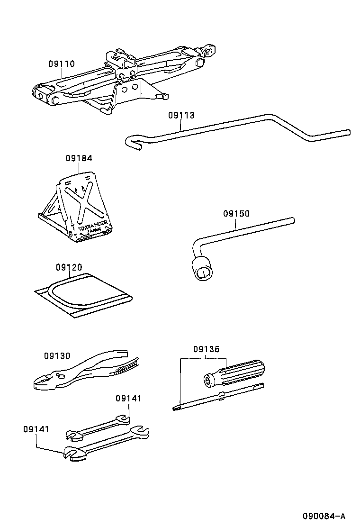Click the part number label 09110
click(x=61, y=64)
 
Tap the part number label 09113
click(x=181, y=115)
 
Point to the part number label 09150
click(x=236, y=214)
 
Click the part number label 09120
click(x=69, y=268)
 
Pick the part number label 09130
click(x=57, y=356)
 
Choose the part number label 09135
click(x=206, y=349)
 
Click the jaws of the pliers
click(x=45, y=382)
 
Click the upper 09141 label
click(x=128, y=399)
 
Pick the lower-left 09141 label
click(x=36, y=429)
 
